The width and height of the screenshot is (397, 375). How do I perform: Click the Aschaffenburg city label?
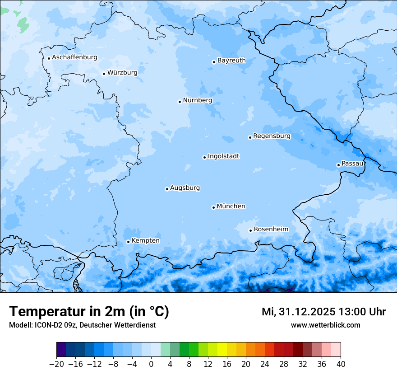tap(74, 57)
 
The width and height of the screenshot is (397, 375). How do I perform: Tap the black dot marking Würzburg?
tap(104, 74)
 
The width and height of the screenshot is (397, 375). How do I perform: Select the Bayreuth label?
tap(231, 60)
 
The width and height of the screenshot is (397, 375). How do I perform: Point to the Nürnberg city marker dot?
tap(180, 102)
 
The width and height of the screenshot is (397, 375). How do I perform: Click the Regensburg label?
tap(272, 136)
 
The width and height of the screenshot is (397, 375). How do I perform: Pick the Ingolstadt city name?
tap(223, 156)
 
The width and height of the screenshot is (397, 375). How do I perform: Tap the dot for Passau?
tap(338, 165)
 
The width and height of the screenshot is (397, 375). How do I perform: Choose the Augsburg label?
tap(185, 187)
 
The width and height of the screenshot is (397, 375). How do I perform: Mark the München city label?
tap(231, 206)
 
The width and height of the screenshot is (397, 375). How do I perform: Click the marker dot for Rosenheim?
tap(250, 230)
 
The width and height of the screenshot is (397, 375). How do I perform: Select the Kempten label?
tap(145, 240)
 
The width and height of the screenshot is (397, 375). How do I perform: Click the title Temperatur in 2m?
tap(89, 311)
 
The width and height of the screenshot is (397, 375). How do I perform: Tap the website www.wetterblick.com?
tap(325, 325)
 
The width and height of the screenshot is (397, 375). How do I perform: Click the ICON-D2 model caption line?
tap(82, 325)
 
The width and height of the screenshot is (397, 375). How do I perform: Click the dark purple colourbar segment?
tap(61, 350)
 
